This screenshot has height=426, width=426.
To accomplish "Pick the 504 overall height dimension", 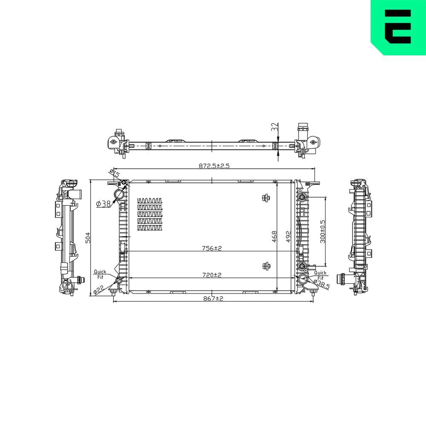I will pos(88,237).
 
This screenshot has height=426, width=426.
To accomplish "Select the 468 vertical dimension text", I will pos(274,236).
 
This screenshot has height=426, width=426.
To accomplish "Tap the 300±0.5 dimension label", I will pos(322,231).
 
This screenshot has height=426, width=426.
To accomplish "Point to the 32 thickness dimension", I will pos(275,127).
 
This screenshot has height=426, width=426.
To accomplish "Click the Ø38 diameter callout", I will pos(104,204).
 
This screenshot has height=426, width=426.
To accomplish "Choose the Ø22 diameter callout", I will pos(98,290).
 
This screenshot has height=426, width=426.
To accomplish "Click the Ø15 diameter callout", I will pos(115,173).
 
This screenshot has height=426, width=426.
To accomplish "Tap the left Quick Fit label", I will pos(100,274).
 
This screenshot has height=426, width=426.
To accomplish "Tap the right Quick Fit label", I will pos(320,275).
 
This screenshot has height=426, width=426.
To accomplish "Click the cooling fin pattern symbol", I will pos(150,214).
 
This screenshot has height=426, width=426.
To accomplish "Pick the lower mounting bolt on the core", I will pos(266,266).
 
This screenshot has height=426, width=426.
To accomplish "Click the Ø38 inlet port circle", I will pos(121,194).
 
